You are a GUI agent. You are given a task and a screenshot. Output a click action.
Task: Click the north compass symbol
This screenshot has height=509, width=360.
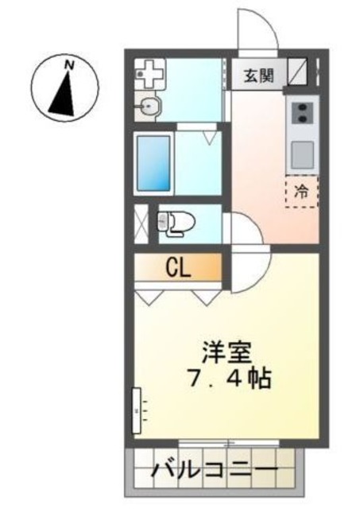tap(65, 88)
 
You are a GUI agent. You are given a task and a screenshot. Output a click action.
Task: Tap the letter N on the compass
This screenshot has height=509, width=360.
tap(69, 63)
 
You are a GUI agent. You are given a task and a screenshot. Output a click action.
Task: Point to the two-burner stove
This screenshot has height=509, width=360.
tap(302, 112)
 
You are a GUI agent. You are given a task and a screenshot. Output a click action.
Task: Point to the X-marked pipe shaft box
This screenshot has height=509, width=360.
tap(141, 223)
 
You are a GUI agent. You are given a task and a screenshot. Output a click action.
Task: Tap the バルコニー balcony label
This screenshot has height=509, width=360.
tap(215, 471)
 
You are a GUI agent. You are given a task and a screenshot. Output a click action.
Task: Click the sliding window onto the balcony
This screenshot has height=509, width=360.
tap(228, 441)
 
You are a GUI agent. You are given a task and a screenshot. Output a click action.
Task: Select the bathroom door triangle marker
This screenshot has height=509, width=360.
tap(209, 137)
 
